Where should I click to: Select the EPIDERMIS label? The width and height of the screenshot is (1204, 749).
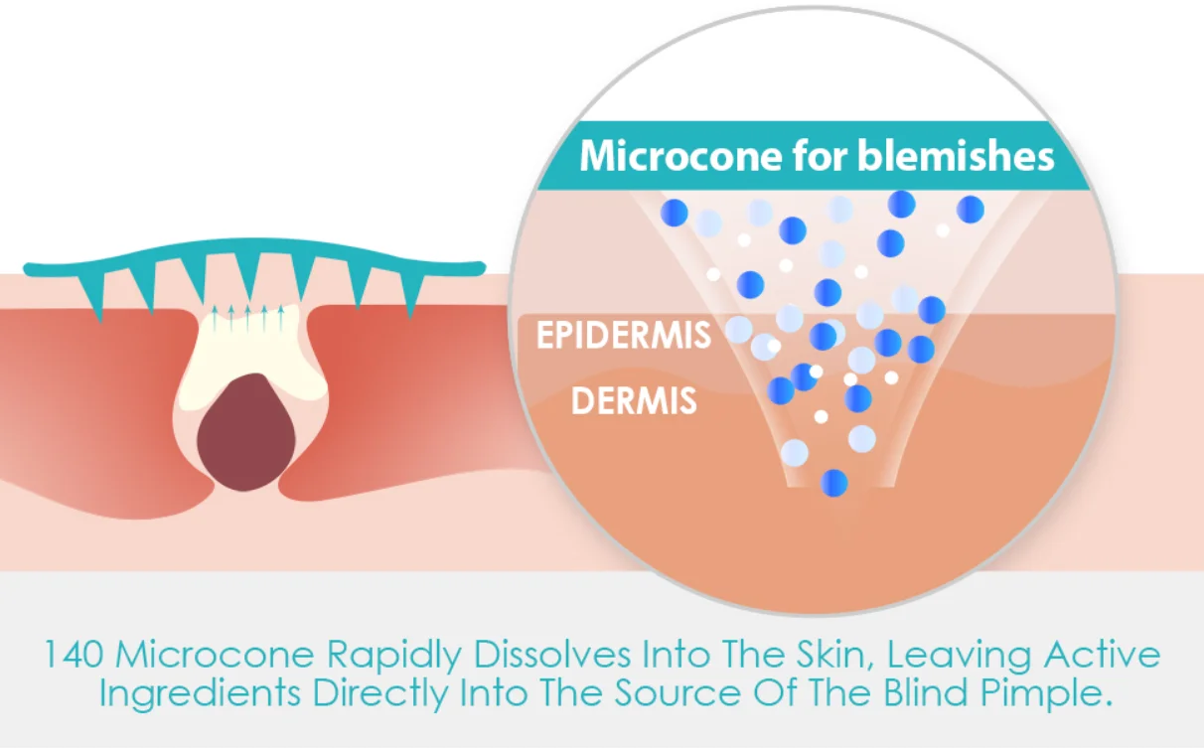point(624,336)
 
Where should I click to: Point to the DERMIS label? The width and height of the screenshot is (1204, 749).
point(634,401)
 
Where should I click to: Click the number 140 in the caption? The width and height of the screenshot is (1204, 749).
point(74,656)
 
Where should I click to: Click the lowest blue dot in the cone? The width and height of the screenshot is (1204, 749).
point(834,483)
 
